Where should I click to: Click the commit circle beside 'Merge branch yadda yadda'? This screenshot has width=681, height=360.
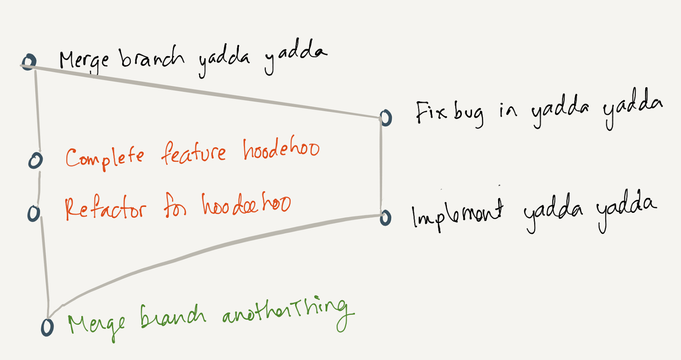29,62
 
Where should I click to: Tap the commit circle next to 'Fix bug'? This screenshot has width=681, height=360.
386,117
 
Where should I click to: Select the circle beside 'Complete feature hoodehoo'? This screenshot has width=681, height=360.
35,160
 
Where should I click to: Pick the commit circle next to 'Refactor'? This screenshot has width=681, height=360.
34,213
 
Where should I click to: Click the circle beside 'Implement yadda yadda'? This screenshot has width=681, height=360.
386,217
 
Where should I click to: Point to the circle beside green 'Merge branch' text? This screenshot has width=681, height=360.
47,327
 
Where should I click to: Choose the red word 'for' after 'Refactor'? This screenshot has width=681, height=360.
175,206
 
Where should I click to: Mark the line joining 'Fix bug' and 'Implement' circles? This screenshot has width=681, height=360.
381,166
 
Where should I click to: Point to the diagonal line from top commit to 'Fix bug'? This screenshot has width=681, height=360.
204,91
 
